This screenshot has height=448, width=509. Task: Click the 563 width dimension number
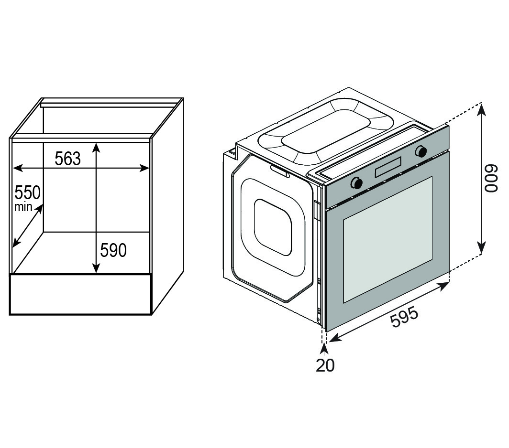click(67, 159)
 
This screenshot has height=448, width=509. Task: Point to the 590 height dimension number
click(113, 250)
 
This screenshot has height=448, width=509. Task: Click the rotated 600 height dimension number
click(491, 179)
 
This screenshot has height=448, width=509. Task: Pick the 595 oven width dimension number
click(404, 317)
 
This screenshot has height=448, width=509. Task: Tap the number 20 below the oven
click(325, 365)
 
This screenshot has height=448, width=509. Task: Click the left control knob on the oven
click(356, 183)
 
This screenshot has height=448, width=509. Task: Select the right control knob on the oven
click(421, 151)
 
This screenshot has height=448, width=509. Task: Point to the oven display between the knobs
click(388, 168)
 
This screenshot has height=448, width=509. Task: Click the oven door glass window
click(387, 239)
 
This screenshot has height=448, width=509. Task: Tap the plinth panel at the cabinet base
click(80, 294)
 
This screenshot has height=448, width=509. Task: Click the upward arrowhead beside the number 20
click(325, 349)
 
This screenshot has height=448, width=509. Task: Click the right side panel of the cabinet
click(167, 205)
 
